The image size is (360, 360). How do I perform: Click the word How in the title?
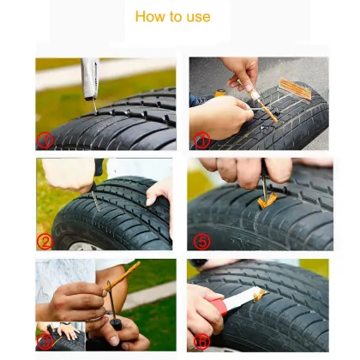point(151,17)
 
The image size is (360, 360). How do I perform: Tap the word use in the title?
point(196,17)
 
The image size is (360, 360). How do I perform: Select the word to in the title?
point(175,17)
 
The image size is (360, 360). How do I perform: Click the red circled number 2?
point(45,241)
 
